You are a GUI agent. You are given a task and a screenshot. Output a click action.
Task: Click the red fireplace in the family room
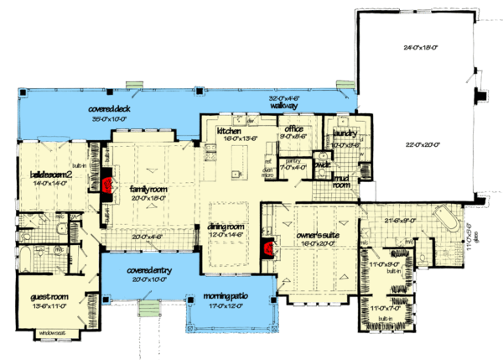[x=106, y=185]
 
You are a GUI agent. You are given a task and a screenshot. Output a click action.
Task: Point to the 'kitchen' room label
[x=229, y=132]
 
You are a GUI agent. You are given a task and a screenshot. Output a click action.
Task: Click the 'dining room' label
[x=226, y=227]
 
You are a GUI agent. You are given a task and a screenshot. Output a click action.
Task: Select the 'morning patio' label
[x=228, y=296]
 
